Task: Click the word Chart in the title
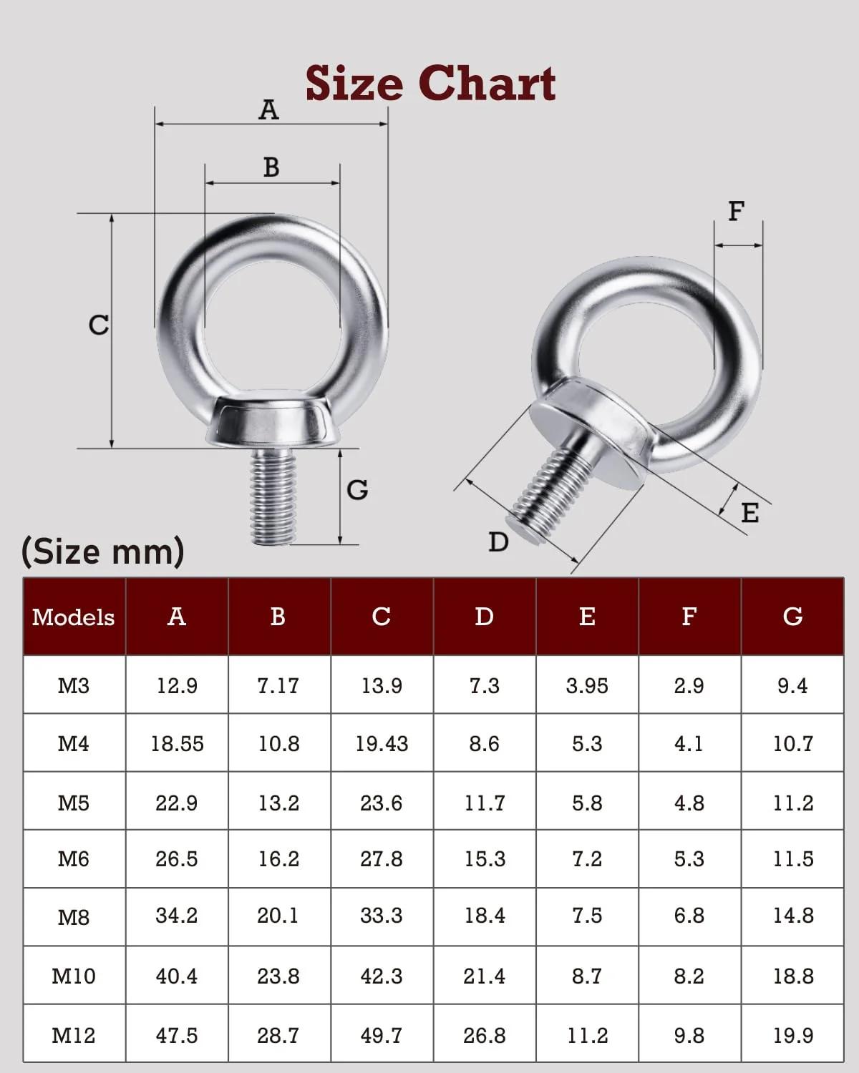pos(487,83)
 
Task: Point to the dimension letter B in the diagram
pos(271,167)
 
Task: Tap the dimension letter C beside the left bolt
pos(98,325)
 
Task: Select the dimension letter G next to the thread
pos(357,489)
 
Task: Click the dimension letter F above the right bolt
pos(737,211)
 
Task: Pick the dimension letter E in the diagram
pos(750,513)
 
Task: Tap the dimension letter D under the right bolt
pos(498,542)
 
